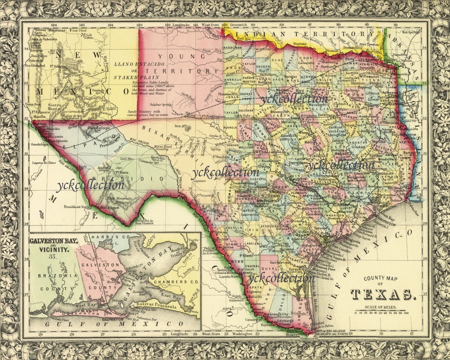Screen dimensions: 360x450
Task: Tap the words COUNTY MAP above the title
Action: tap(379, 278)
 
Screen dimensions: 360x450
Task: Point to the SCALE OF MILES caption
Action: tap(376, 308)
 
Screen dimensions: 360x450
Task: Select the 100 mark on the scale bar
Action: tap(406, 313)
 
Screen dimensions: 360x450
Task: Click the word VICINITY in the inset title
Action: tap(52, 250)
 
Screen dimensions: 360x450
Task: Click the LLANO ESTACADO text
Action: tap(130, 64)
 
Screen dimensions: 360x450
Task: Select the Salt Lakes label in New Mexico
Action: tap(86, 36)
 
